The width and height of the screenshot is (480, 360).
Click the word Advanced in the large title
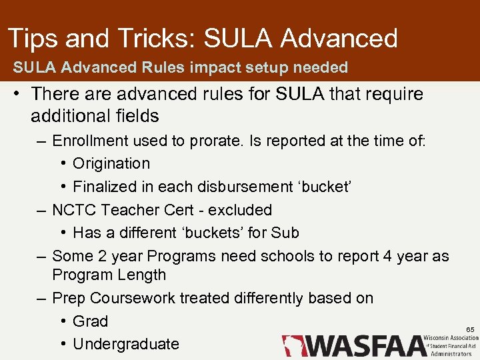pyautogui.click(x=339, y=39)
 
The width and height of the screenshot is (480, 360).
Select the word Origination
pyautogui.click(x=111, y=163)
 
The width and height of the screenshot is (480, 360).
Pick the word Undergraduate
pyautogui.click(x=126, y=344)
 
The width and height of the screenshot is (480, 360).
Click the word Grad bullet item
pyautogui.click(x=90, y=321)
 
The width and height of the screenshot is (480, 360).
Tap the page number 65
pyautogui.click(x=470, y=330)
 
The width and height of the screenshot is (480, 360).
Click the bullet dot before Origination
pyautogui.click(x=63, y=164)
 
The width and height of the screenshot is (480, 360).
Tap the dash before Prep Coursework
pyautogui.click(x=41, y=298)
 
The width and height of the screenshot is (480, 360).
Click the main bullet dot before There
pyautogui.click(x=15, y=95)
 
